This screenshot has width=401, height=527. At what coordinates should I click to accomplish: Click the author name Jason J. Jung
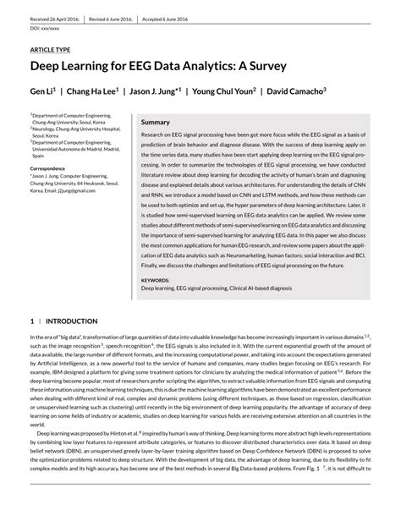(155, 90)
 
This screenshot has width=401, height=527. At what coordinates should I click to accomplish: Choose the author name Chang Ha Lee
(93, 90)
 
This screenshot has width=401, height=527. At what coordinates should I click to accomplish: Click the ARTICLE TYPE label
(51, 50)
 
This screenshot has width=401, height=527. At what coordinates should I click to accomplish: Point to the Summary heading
(156, 123)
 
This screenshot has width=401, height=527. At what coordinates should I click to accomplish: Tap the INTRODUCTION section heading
(71, 322)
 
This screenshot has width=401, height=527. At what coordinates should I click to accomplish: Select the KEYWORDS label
(155, 279)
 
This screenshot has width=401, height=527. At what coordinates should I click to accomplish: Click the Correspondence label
(53, 168)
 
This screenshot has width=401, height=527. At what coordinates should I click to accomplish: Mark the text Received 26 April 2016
(56, 19)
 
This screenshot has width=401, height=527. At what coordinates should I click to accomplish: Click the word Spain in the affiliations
(39, 156)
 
